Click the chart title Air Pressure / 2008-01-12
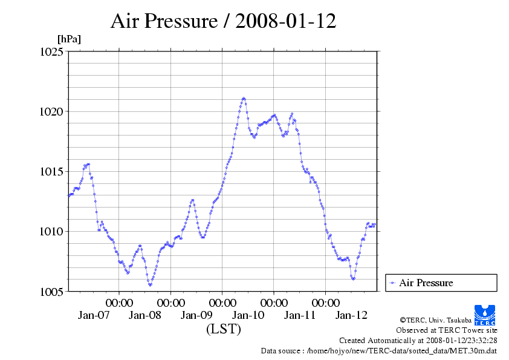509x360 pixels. pyautogui.click(x=223, y=21)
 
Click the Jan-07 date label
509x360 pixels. pyautogui.click(x=94, y=315)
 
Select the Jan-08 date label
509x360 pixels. pyautogui.click(x=145, y=315)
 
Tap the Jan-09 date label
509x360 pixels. pyautogui.click(x=196, y=315)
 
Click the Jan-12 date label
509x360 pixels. pyautogui.click(x=351, y=315)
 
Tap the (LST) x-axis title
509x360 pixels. pyautogui.click(x=223, y=329)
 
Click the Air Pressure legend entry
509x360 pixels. pyautogui.click(x=426, y=283)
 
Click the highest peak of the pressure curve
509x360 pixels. pyautogui.click(x=244, y=98)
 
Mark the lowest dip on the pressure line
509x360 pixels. pyautogui.click(x=150, y=284)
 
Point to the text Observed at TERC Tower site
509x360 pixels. pyautogui.click(x=447, y=330)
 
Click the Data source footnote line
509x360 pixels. pyautogui.click(x=379, y=350)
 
